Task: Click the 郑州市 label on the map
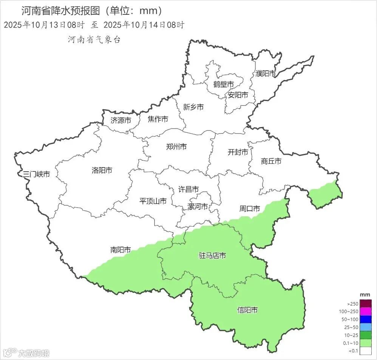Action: point(176,147)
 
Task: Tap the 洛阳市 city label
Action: point(102,171)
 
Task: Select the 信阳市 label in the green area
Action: point(247,310)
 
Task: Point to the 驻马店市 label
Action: point(212,256)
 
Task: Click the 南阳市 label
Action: point(121,250)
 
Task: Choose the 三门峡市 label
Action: point(36,174)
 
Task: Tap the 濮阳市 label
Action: point(266,74)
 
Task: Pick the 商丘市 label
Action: point(271,161)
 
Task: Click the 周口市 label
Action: point(250,208)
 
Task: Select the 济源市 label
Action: point(121,121)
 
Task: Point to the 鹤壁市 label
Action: point(223,84)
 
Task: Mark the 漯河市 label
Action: point(198,207)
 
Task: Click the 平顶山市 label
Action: point(153,201)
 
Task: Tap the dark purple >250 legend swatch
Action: point(366,304)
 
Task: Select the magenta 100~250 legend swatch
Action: point(366,312)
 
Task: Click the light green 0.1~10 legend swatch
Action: point(366,343)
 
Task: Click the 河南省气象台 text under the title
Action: point(94,40)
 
